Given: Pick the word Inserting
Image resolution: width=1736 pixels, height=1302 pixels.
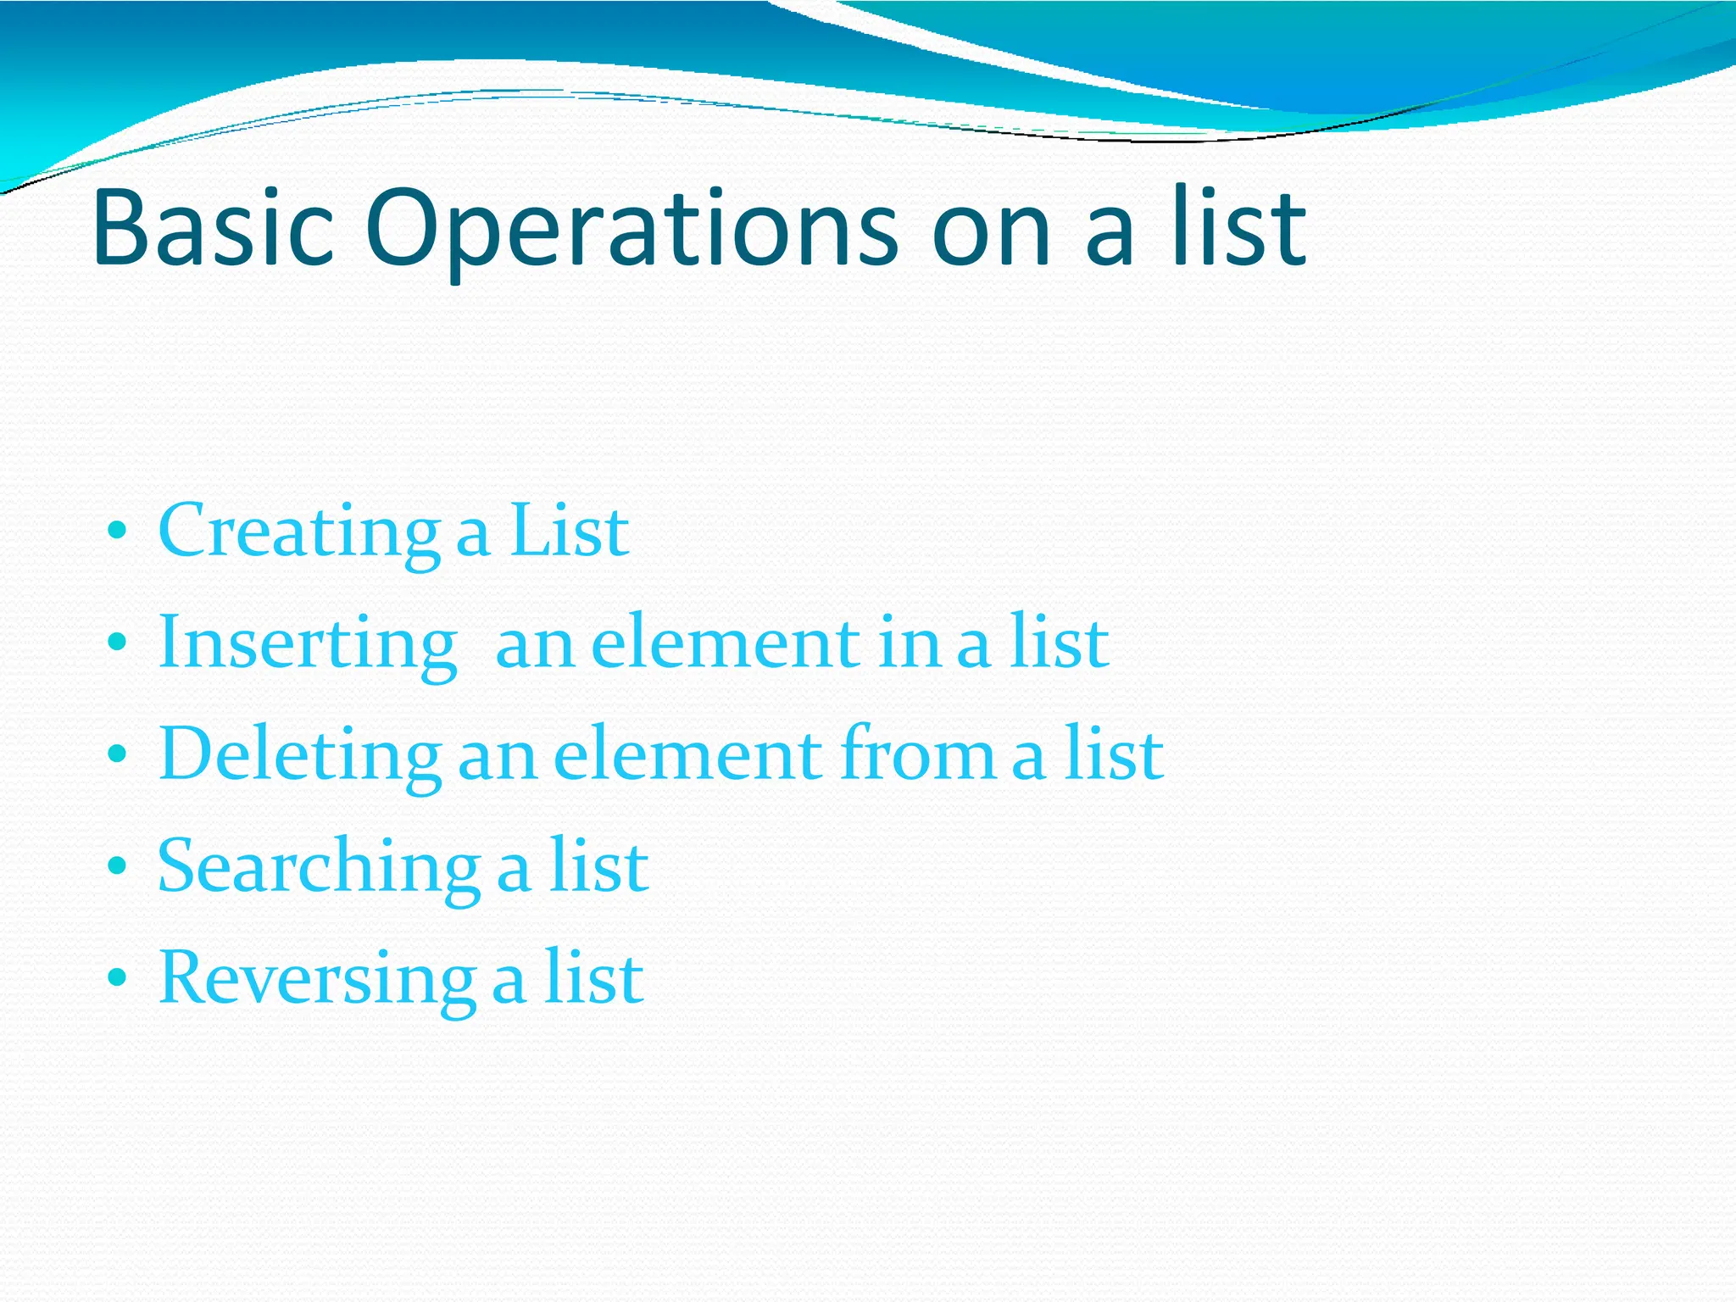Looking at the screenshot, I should [308, 644].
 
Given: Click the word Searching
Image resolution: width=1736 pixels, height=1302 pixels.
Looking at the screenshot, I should [319, 867].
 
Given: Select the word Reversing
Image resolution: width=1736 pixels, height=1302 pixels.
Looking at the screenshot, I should [316, 979].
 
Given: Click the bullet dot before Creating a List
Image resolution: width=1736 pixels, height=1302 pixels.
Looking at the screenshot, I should [118, 532].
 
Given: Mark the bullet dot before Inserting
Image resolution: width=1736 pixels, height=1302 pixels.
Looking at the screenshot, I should [118, 644].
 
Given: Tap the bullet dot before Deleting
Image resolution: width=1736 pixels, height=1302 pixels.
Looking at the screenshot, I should [118, 755].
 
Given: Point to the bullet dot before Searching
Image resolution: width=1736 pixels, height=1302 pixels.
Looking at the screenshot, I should [118, 867].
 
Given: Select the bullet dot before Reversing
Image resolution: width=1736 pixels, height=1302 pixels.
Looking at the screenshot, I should [118, 979].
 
